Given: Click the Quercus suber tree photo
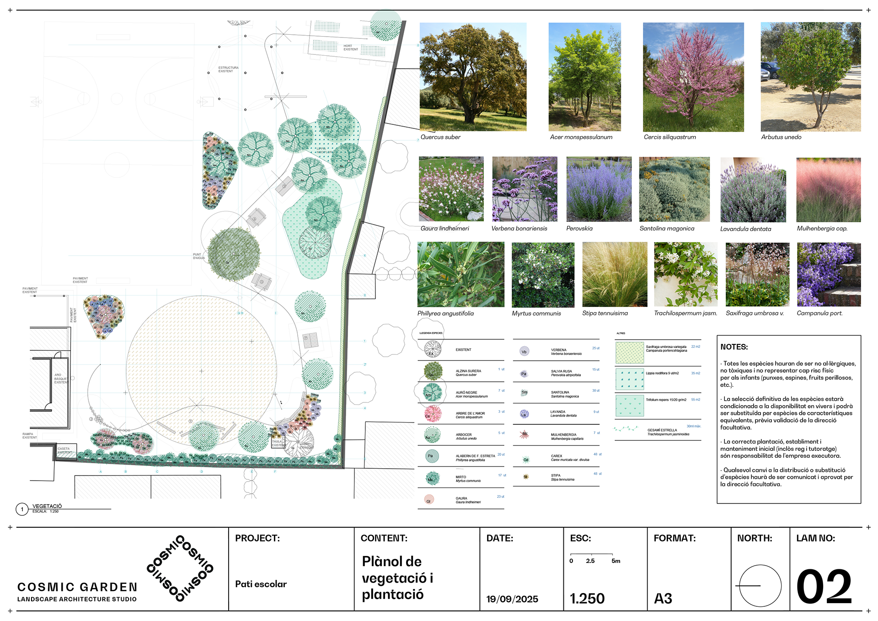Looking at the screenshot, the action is [473, 77].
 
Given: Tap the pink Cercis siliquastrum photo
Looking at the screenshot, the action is [693, 77].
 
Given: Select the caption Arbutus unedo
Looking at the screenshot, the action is [781, 137].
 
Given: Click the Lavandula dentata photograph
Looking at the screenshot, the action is [753, 190].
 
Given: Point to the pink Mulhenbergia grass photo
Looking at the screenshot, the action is [828, 190].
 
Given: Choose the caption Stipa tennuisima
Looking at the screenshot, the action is [605, 313].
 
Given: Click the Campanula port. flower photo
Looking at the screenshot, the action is [828, 274].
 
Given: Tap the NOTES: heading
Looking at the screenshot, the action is [734, 347].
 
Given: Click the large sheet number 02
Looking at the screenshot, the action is [824, 587].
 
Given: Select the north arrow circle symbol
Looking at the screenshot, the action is [760, 586].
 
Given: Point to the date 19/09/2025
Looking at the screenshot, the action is [512, 599].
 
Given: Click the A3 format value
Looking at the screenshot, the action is [663, 599].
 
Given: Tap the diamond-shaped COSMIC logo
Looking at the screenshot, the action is [180, 568].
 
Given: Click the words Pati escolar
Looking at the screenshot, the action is [261, 584].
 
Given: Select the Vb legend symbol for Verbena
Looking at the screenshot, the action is [524, 352].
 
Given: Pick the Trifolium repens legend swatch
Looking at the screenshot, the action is [629, 406].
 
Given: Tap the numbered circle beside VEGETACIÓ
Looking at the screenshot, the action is [22, 509].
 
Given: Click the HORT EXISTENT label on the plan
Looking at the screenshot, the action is [351, 48].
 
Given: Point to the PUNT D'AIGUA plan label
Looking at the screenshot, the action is [198, 256].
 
